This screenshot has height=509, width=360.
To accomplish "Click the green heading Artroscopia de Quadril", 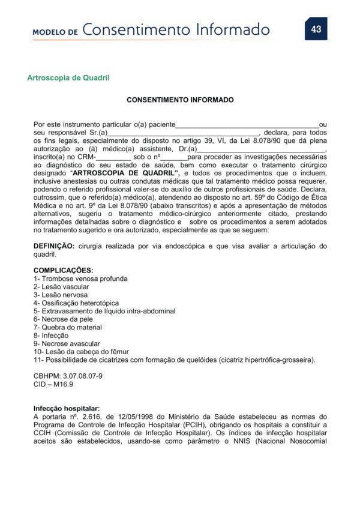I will coord(68,78).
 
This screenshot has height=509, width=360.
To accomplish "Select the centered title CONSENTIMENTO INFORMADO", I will coord(180,100).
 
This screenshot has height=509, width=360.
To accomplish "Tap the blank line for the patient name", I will coord(247,125).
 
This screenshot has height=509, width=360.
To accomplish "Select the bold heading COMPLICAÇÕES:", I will coord(63,271).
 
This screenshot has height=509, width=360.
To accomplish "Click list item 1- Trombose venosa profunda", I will coord(80,279).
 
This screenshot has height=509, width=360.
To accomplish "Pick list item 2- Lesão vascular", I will coord(61,287).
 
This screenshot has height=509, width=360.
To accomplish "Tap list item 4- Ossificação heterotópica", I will coord(76,303).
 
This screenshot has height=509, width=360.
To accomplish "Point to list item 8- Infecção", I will coord(51,336).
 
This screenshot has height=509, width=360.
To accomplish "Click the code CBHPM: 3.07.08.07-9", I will coord(68,376).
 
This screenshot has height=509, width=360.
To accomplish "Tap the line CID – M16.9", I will coord(53,384).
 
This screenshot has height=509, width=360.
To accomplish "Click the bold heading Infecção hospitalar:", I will coord(67,408).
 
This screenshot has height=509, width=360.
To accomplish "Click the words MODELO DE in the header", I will coord(55,31).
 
